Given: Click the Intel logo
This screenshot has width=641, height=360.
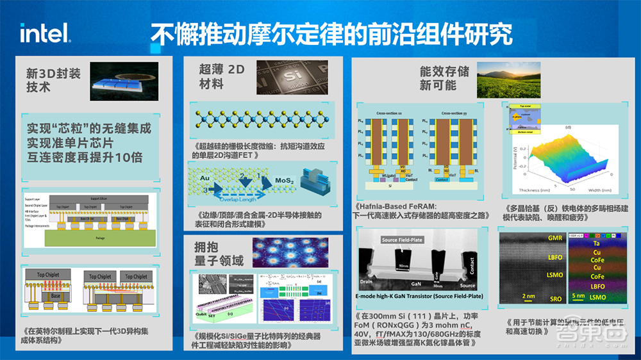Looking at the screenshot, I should coord(45,33).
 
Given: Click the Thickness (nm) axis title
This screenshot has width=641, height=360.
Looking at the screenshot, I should coord(519,190).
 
